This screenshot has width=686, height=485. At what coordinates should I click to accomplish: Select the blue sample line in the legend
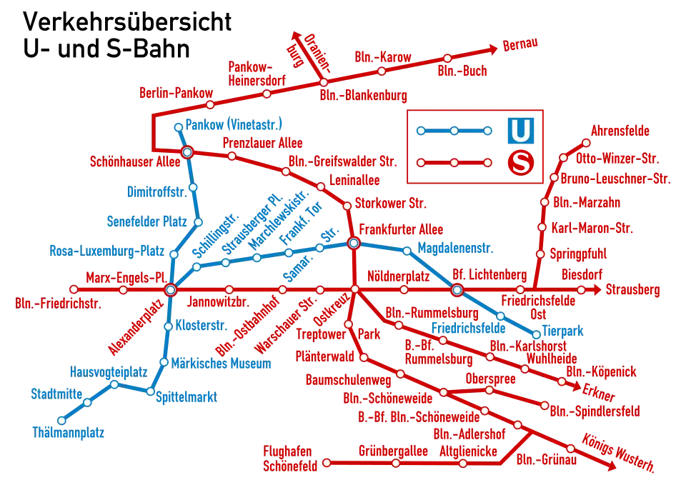click(454, 131)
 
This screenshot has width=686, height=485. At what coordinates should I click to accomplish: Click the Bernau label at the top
click(520, 45)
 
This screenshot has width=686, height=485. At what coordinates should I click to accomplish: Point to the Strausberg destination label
click(632, 291)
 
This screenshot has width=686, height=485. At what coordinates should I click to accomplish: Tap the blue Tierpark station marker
click(536, 334)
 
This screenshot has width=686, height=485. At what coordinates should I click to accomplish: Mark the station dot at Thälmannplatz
click(61, 420)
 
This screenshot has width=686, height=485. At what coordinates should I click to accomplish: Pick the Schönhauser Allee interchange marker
click(187, 152)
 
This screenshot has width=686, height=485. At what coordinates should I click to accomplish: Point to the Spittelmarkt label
click(187, 396)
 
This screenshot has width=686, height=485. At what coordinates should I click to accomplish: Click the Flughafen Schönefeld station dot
click(327, 463)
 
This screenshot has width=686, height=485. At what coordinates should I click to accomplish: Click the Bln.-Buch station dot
click(447, 58)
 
